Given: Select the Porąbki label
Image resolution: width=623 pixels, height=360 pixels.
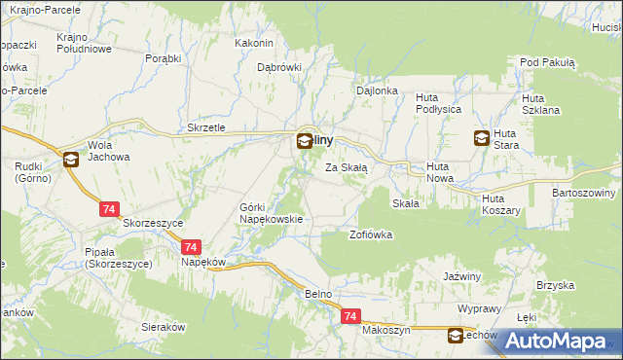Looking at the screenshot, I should [x=164, y=58].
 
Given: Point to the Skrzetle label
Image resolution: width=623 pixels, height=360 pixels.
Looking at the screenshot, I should [x=206, y=128].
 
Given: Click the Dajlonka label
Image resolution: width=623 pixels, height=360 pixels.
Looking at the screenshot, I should [x=379, y=90].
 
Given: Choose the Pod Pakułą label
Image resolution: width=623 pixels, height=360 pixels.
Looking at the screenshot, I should [x=548, y=62].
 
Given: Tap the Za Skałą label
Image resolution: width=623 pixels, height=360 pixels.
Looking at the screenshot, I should [x=346, y=167].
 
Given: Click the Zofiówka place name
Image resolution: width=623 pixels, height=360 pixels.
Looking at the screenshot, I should [x=370, y=235].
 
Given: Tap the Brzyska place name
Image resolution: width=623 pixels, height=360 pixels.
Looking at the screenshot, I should [x=552, y=285].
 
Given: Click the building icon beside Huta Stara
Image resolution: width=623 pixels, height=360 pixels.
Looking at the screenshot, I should [x=482, y=139].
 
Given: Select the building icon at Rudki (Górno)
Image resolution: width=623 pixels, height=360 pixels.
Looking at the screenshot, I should [x=71, y=161].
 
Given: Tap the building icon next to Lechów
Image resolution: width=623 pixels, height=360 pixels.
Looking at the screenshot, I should [x=456, y=337].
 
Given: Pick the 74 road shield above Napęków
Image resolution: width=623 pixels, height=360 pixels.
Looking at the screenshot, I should [x=190, y=248].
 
